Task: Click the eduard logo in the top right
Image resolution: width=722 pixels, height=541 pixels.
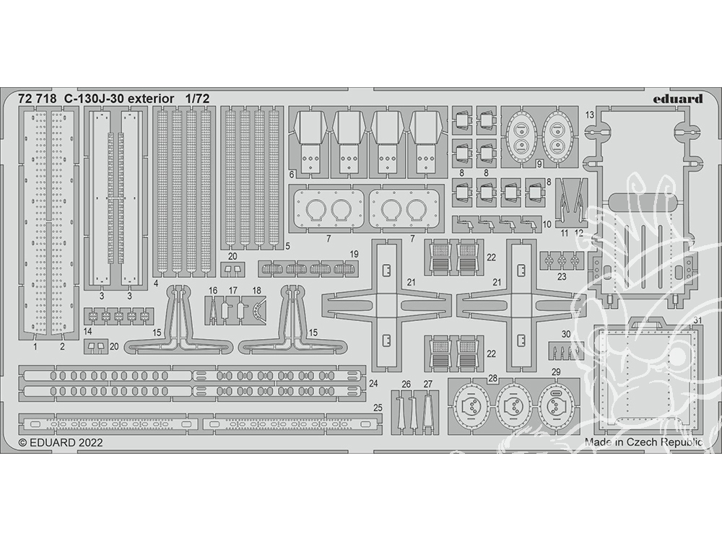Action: [x=677, y=99]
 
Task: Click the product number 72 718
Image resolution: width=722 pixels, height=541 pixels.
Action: [x=38, y=99]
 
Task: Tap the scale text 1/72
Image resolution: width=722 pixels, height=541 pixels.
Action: [x=198, y=99]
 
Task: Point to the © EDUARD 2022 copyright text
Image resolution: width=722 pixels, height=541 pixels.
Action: [x=61, y=443]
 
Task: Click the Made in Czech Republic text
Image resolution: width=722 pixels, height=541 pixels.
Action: [x=644, y=442]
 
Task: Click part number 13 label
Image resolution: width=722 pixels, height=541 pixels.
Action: [x=590, y=115]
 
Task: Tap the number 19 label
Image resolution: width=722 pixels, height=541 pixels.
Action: [x=354, y=254]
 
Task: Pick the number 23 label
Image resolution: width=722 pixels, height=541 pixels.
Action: [x=561, y=277]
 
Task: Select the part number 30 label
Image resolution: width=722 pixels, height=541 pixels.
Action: [x=566, y=335]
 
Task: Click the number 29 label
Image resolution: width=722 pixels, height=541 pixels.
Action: [x=556, y=371]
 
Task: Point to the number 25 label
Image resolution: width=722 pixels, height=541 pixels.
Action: [x=378, y=408]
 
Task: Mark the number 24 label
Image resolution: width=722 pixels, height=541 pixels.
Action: [x=373, y=383]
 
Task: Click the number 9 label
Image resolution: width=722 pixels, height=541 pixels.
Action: [x=539, y=163]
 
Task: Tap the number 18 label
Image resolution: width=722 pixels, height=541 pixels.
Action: [x=256, y=291]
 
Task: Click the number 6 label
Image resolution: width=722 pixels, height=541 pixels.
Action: [x=292, y=175]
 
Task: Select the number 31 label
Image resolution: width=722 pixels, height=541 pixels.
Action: [x=697, y=321]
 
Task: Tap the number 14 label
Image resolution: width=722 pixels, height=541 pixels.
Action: [x=88, y=331]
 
